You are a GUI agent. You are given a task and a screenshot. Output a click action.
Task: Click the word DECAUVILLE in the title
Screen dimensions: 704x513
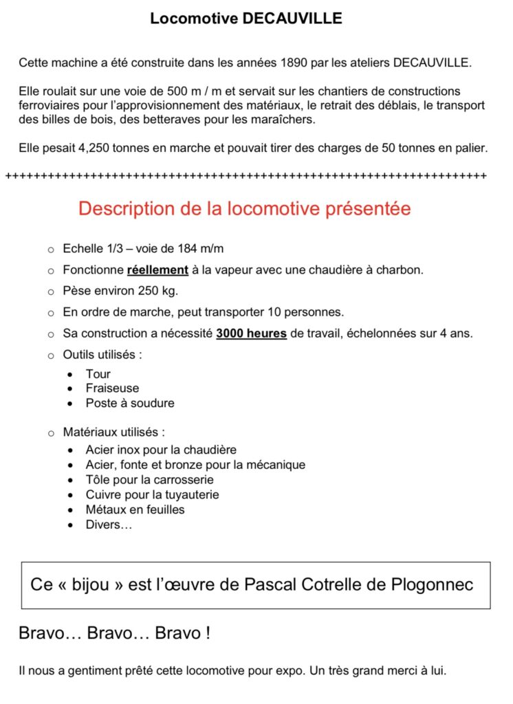coord(293,19)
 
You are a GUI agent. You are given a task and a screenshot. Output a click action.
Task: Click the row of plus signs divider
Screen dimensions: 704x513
coord(246,177)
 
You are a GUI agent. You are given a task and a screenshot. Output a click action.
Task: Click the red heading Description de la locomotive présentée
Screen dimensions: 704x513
coord(245,208)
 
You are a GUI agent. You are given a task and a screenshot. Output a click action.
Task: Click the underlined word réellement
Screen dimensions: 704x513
coord(157,269)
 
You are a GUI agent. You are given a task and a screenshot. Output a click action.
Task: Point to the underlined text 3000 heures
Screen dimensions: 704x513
coord(251,333)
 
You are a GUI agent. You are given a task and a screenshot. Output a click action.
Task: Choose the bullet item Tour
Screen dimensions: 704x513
coord(98,374)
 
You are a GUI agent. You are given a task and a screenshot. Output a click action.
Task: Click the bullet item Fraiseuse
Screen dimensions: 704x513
coord(112,388)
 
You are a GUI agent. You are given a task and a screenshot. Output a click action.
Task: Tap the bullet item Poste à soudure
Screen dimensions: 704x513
coord(130,403)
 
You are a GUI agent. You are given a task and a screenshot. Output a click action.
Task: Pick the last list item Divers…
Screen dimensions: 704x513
coord(109,525)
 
